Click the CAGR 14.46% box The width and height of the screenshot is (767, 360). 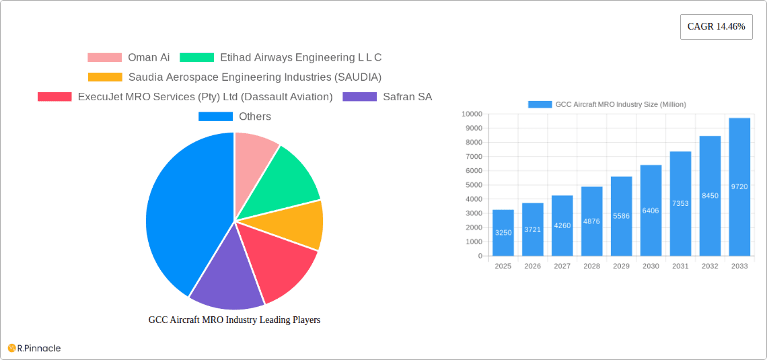coord(716,27)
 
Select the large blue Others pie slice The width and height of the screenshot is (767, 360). coord(182,215)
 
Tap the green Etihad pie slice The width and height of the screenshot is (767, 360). coord(283,178)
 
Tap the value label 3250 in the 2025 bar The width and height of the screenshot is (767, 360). coord(503,233)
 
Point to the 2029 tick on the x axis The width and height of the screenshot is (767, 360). coord(621,266)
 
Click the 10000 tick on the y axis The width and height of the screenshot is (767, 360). coord(471,114)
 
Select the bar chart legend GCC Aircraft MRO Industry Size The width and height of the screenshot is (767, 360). coord(607,104)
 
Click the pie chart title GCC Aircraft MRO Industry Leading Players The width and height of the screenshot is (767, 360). coord(234,320)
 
